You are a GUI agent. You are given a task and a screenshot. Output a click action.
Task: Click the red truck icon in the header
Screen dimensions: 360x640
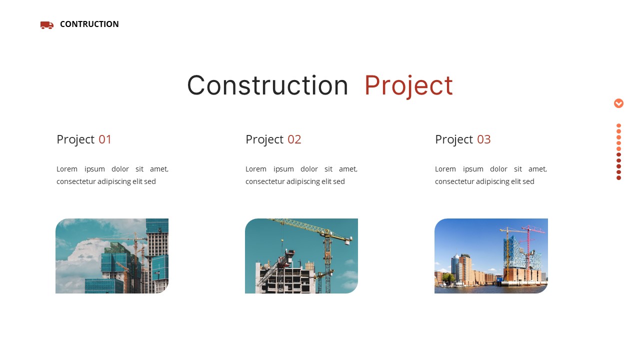[x=46, y=25]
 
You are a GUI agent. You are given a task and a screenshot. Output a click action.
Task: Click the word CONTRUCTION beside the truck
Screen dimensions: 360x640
[x=89, y=24]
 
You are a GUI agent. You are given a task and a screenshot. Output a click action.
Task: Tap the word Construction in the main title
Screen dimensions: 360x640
[x=267, y=85]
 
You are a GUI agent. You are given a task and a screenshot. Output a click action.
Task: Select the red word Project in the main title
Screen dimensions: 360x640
[x=408, y=85]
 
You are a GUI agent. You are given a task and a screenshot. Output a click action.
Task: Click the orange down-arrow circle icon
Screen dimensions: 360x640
[x=618, y=103]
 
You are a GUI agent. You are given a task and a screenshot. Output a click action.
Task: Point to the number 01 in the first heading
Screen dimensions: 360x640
[x=105, y=139]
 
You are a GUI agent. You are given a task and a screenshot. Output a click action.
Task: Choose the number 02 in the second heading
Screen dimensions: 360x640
[x=294, y=139]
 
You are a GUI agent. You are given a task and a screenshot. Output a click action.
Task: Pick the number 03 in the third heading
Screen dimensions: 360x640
[x=483, y=139]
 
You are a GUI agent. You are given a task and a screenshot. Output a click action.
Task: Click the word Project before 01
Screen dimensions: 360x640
[x=75, y=139]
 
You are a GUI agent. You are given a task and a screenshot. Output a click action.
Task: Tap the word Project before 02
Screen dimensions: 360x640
[x=264, y=139]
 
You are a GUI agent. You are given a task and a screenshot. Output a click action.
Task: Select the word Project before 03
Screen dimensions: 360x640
[x=454, y=139]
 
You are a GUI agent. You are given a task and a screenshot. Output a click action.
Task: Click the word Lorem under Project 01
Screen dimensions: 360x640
[x=67, y=169]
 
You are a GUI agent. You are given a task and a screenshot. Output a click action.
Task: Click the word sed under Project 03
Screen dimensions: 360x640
[x=528, y=181]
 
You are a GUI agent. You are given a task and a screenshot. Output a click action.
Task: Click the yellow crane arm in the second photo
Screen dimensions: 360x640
[x=310, y=228]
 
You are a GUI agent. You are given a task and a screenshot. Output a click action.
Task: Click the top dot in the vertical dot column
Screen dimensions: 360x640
[x=618, y=126]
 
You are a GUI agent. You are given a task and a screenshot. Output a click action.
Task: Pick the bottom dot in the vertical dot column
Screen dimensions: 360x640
[x=618, y=177]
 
